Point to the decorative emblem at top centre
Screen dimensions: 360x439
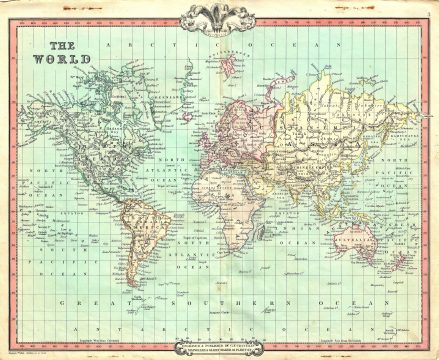pos(219,17)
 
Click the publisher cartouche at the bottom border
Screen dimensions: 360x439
pos(219,340)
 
